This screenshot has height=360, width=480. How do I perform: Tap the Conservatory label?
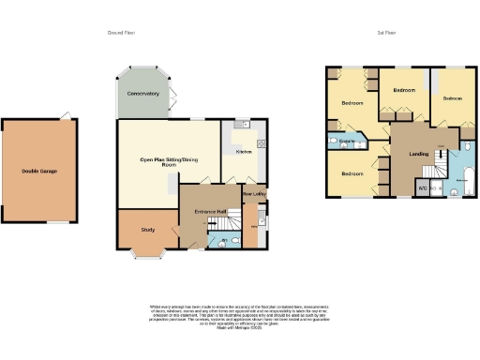[142, 94]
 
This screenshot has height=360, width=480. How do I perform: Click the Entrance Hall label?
[210, 212]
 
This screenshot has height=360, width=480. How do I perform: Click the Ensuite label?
[347, 141]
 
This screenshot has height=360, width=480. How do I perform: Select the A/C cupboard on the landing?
[423, 188]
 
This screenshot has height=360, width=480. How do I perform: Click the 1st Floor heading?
[386, 33]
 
